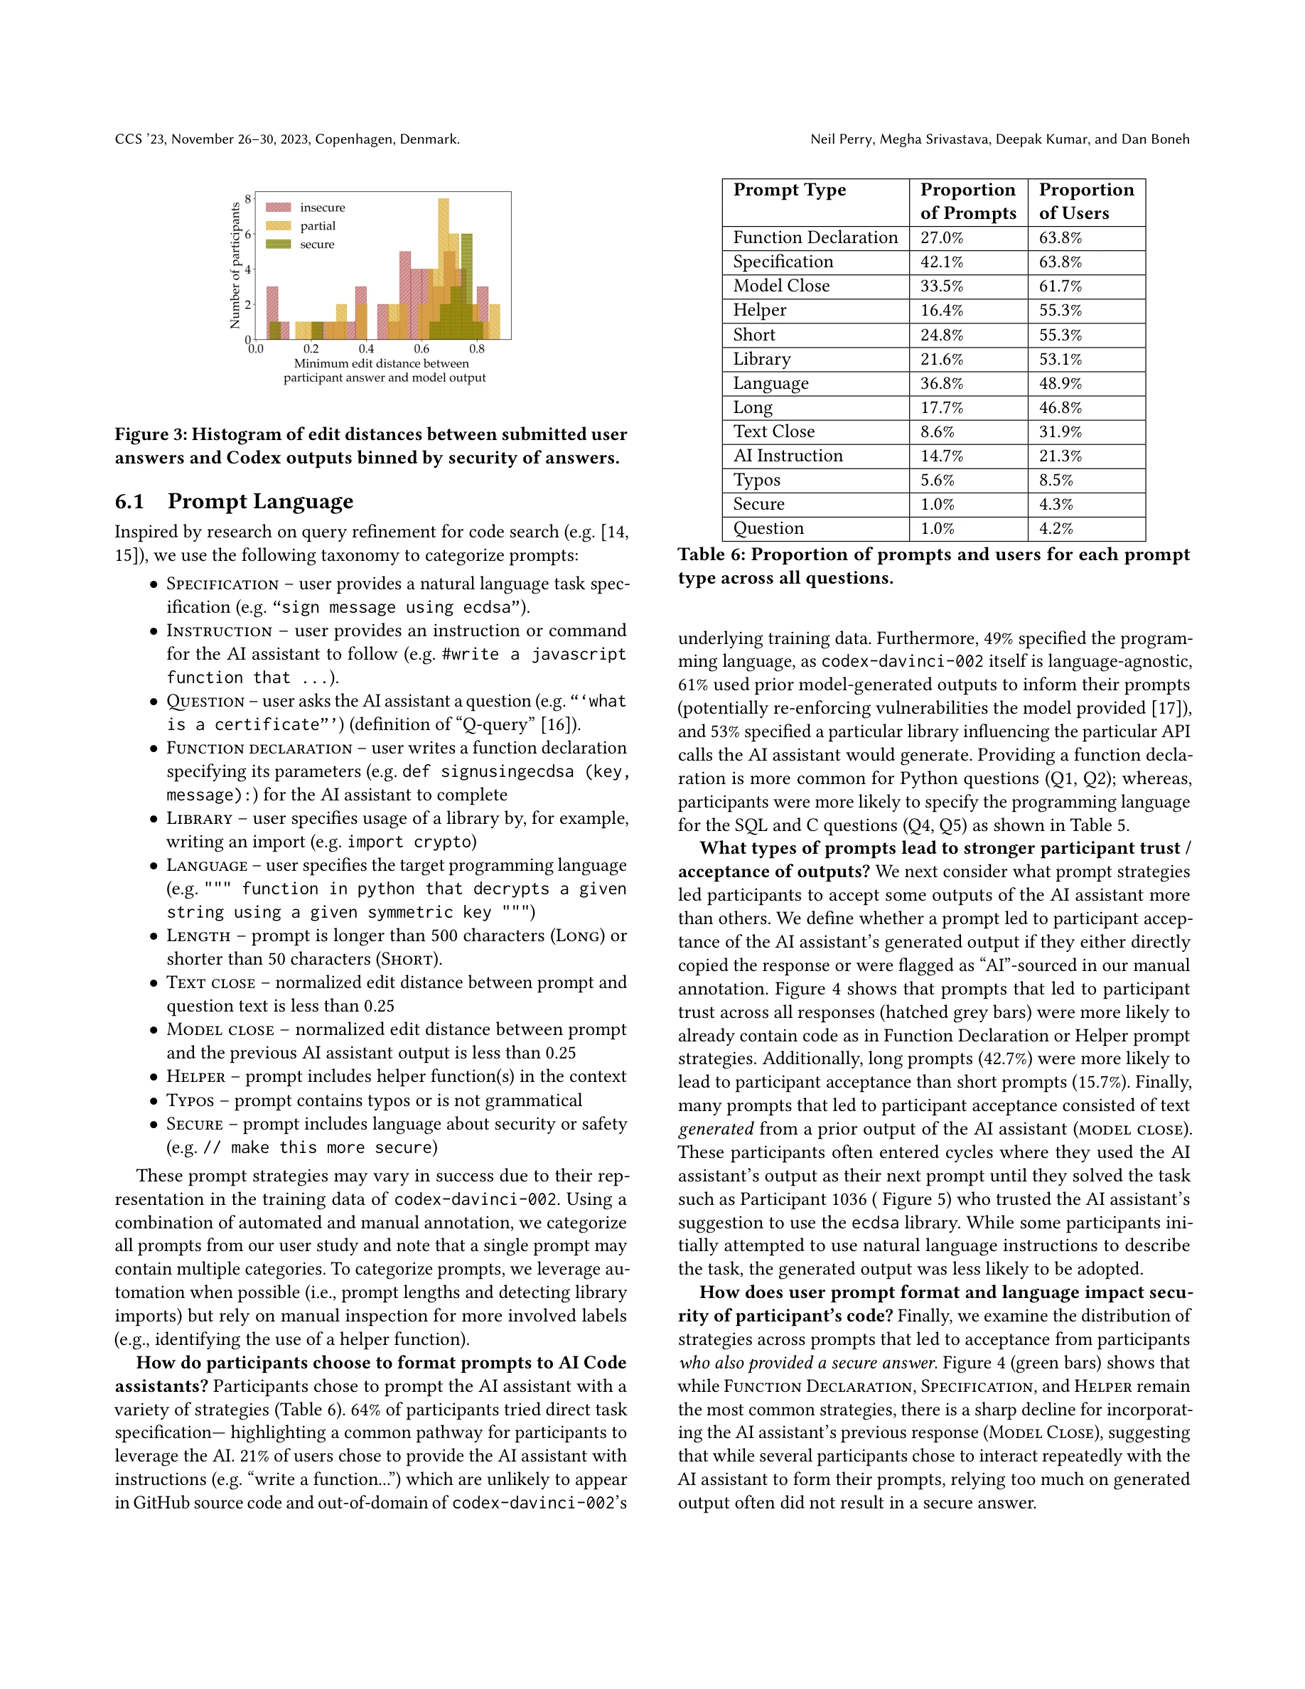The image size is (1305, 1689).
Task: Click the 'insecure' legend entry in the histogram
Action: [323, 208]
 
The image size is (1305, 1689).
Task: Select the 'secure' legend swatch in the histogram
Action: [279, 245]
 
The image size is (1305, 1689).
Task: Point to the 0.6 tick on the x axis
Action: [421, 349]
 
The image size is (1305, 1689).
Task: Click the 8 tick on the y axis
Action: [248, 199]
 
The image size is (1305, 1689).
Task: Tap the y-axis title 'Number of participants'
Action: [235, 265]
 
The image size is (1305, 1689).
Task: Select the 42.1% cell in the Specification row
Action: [942, 262]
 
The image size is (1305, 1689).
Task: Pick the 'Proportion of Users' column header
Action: [1085, 201]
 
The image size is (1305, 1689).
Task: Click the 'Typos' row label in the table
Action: [756, 481]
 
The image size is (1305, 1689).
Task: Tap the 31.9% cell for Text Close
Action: [1060, 431]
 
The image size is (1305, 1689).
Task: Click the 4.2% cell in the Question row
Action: [1056, 528]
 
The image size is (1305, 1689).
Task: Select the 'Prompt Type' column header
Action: [790, 191]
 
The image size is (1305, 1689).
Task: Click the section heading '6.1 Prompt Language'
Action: [235, 501]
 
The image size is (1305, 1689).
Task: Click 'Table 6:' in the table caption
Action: [711, 554]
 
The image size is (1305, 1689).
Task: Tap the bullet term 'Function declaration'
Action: [259, 748]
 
